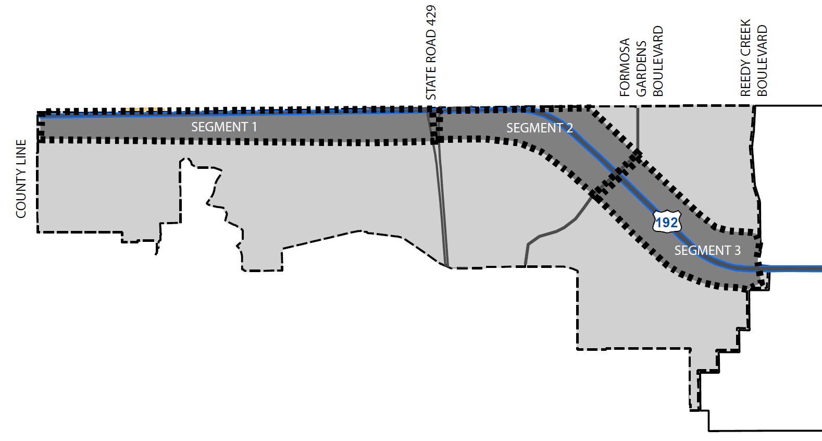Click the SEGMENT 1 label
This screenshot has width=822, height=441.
(223, 127)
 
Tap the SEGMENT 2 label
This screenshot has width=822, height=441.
(539, 128)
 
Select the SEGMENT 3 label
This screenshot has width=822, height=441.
(707, 250)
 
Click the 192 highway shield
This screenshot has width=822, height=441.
(666, 222)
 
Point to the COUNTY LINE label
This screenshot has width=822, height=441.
(21, 178)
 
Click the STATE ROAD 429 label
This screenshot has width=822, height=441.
(431, 53)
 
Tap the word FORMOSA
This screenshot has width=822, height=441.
(625, 67)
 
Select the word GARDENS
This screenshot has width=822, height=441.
(641, 68)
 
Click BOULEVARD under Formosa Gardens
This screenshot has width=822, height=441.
(658, 61)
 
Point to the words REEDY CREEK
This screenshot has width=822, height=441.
(745, 57)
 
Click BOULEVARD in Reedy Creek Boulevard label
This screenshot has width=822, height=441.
(762, 60)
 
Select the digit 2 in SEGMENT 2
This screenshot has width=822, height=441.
(570, 128)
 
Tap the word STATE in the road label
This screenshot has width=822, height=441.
(431, 83)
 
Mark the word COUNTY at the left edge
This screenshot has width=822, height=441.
(21, 193)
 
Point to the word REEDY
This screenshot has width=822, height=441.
(745, 78)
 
